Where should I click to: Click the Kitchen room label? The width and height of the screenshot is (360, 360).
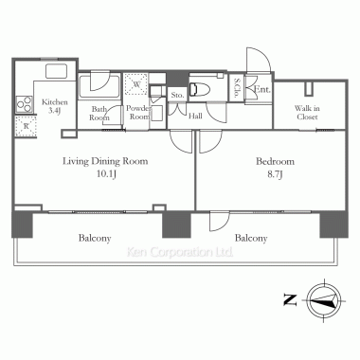pyautogui.click(x=55, y=102)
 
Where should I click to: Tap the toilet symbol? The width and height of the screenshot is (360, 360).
pyautogui.click(x=200, y=88)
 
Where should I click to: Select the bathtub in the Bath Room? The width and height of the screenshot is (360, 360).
pyautogui.click(x=99, y=86)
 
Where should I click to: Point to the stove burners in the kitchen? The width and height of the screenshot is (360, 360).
pyautogui.click(x=25, y=103)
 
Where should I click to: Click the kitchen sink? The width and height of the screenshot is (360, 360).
pyautogui.click(x=57, y=71)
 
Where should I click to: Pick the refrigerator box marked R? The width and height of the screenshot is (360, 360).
pyautogui.click(x=26, y=126)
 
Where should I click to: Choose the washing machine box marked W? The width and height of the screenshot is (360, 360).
pyautogui.click(x=136, y=84)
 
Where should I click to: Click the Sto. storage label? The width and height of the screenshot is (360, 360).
pyautogui.click(x=177, y=95)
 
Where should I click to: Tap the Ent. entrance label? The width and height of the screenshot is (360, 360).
pyautogui.click(x=262, y=90)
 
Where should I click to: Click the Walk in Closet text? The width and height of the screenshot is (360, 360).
pyautogui.click(x=308, y=113)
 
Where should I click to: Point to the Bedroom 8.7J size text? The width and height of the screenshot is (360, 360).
pyautogui.click(x=275, y=174)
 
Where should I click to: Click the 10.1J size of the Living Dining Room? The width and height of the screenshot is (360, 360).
pyautogui.click(x=107, y=174)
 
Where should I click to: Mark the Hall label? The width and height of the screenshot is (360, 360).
pyautogui.click(x=195, y=117)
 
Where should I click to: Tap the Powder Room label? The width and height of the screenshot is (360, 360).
pyautogui.click(x=139, y=113)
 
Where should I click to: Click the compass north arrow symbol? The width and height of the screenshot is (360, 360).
pyautogui.click(x=324, y=299)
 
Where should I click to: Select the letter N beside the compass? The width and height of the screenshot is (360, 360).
pyautogui.click(x=290, y=299)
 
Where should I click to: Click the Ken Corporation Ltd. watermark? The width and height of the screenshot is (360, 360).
pyautogui.click(x=180, y=252)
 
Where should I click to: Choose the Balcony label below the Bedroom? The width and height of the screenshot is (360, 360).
pyautogui.click(x=251, y=238)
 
